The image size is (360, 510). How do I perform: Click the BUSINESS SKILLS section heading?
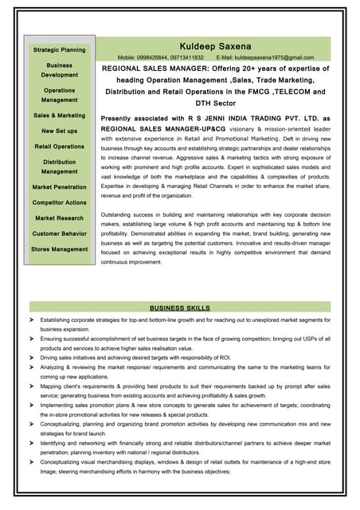click(180, 307)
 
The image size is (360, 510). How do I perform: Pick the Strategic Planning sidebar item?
click(60, 50)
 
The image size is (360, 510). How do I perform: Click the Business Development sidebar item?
click(60, 69)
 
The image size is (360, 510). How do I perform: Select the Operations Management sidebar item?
click(60, 96)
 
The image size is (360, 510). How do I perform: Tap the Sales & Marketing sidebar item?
click(60, 116)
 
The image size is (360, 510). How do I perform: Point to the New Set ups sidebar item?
click(60, 131)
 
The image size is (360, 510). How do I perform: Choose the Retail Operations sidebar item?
click(60, 147)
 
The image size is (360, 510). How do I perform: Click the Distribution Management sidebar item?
click(60, 167)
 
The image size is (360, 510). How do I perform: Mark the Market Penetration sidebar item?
click(60, 186)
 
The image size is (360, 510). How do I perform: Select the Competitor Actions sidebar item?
click(60, 202)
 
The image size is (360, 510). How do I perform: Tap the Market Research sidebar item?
click(60, 218)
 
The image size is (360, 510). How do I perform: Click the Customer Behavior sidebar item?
click(60, 233)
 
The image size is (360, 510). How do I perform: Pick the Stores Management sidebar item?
click(60, 249)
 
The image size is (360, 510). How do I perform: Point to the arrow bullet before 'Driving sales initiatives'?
click(32, 357)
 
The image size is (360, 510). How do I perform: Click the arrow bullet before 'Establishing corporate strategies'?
click(32, 319)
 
